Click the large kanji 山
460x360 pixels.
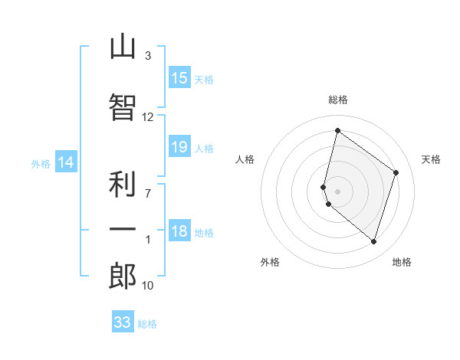(x=123, y=46)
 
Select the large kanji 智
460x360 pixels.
(x=123, y=107)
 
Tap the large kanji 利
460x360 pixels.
(x=123, y=184)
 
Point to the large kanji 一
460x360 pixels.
(x=123, y=229)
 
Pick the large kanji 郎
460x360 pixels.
(x=123, y=276)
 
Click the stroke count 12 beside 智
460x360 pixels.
(x=147, y=117)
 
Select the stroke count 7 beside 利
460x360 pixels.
(x=148, y=194)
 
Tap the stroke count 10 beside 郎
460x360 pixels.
(x=147, y=286)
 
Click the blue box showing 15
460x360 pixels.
(x=179, y=77)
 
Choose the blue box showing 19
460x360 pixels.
(x=179, y=146)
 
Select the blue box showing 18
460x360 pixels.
(x=179, y=230)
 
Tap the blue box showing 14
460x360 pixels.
(x=66, y=162)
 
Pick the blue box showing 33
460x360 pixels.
(x=123, y=321)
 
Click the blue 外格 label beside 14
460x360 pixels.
(x=41, y=164)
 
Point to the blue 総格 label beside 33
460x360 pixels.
(x=147, y=324)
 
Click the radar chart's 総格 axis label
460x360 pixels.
(x=338, y=100)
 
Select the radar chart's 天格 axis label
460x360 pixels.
(x=431, y=159)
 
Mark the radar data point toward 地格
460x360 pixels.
(x=373, y=242)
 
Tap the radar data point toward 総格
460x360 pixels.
(x=337, y=130)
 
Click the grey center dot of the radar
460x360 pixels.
(x=337, y=191)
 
